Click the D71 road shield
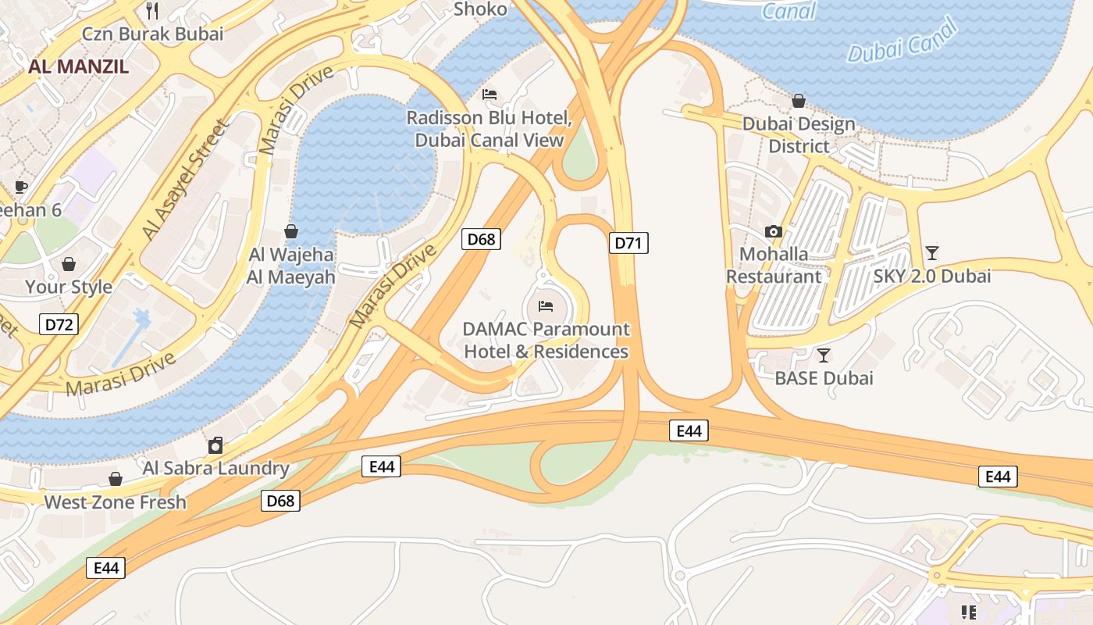[628, 243]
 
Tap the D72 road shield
[59, 323]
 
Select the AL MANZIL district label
[78, 66]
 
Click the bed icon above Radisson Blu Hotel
[490, 94]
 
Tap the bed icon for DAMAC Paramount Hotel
[546, 305]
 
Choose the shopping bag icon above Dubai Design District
[799, 101]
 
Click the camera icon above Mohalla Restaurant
[774, 231]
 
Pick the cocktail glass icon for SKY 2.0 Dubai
[931, 252]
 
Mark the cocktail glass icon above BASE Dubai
[823, 355]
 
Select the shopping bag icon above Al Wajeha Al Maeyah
[291, 231]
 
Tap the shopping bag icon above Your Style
[69, 264]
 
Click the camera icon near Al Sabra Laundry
[215, 446]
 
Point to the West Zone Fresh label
[115, 502]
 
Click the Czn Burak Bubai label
[153, 34]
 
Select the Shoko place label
[480, 9]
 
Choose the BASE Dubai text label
[824, 378]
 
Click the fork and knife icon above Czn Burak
[152, 10]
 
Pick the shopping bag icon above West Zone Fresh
[115, 479]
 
